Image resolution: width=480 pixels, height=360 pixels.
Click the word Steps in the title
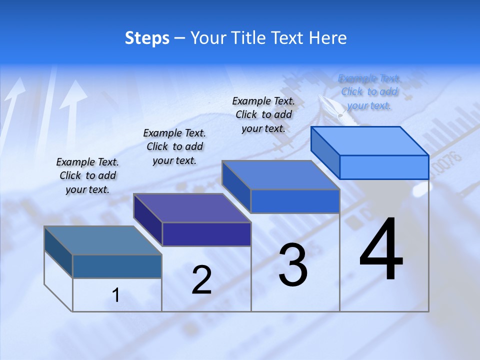(x=147, y=38)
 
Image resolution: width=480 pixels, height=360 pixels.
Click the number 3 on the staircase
(x=293, y=265)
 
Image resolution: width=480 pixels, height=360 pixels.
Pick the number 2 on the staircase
(x=202, y=280)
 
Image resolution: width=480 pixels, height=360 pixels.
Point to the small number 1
(x=116, y=295)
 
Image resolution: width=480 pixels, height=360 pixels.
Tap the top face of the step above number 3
(x=281, y=175)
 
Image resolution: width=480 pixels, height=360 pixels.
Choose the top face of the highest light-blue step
(x=370, y=141)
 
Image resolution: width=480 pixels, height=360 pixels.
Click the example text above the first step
(x=88, y=175)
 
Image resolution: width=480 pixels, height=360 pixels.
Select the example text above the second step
(x=174, y=146)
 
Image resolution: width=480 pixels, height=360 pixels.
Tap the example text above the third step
(x=263, y=114)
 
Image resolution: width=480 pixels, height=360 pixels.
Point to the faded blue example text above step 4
(x=369, y=92)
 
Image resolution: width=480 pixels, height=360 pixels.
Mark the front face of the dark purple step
(x=206, y=234)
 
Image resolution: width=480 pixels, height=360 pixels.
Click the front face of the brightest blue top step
(x=384, y=167)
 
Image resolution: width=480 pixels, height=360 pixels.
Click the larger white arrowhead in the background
(x=73, y=95)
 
